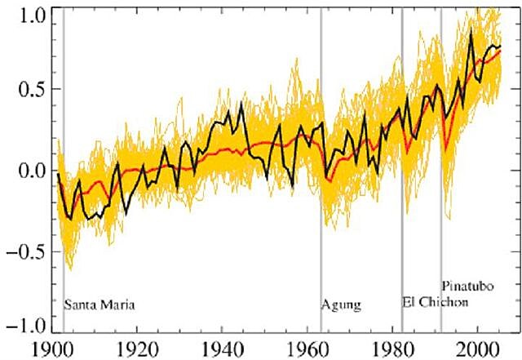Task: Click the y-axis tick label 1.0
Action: [24, 15]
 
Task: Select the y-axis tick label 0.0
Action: [24, 171]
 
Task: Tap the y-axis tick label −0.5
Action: [20, 249]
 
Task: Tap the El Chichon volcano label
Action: [436, 302]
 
